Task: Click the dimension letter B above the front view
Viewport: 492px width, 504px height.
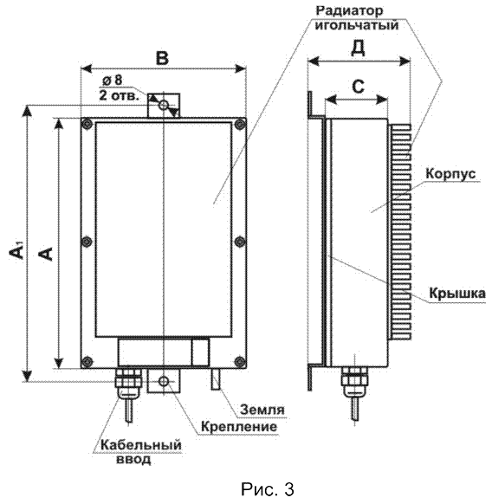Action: pos(162,58)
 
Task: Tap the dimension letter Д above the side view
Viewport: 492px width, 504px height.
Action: pos(358,48)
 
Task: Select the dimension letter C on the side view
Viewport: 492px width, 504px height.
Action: pos(358,86)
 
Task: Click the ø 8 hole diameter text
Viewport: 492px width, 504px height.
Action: pos(113,80)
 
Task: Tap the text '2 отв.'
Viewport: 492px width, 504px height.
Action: pos(120,95)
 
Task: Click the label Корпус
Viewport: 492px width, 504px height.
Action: pos(450,174)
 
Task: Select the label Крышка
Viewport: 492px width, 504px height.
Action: pos(457,294)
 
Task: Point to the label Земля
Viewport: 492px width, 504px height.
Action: pos(262,410)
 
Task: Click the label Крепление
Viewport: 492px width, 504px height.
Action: pos(239,427)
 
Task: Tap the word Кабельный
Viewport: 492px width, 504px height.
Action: pos(141,445)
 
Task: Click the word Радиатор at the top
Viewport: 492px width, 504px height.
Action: pos(350,10)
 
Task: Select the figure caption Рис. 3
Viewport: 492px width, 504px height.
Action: pos(268,489)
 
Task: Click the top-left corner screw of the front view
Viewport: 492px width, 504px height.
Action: pos(87,124)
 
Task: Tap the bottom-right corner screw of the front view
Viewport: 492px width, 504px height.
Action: pos(239,361)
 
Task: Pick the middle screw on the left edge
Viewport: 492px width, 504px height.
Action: pos(87,242)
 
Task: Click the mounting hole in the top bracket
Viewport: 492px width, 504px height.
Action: pos(164,104)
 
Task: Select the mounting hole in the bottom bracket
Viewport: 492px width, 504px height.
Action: pos(164,381)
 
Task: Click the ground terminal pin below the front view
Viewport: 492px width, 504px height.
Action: pos(216,378)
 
